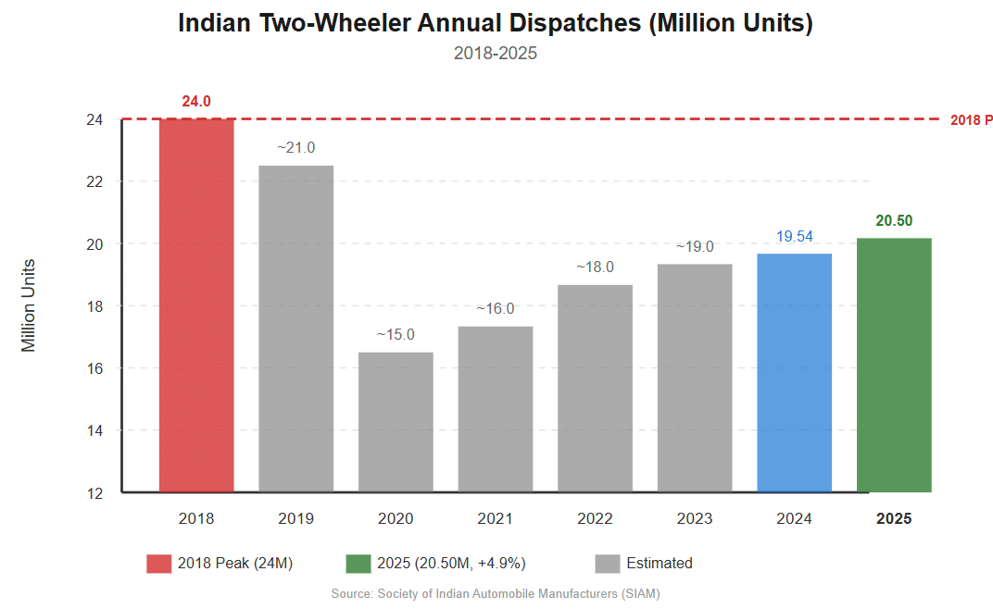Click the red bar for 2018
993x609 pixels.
click(196, 305)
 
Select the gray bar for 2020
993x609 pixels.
click(396, 421)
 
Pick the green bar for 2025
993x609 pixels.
click(894, 365)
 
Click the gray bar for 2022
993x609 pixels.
click(595, 388)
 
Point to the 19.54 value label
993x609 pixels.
click(794, 237)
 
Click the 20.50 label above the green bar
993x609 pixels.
click(894, 220)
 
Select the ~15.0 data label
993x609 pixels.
click(396, 334)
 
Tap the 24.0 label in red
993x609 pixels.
click(196, 101)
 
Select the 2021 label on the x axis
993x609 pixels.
click(495, 518)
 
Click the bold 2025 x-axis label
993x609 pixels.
click(894, 518)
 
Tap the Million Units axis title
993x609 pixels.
click(29, 305)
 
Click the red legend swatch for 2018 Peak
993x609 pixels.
click(158, 564)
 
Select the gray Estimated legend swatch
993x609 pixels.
click(608, 564)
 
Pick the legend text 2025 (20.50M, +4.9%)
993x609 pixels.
click(451, 564)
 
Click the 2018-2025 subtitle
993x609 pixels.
click(496, 54)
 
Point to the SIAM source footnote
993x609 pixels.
click(496, 593)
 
